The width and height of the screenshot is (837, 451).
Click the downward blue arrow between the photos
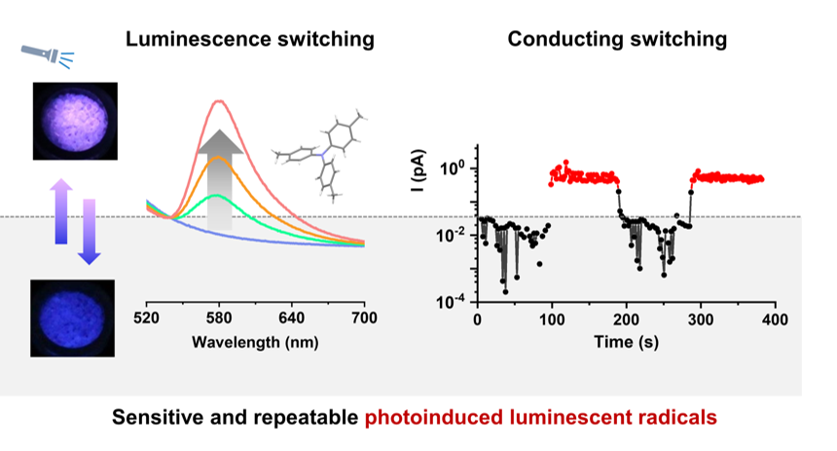(x=89, y=230)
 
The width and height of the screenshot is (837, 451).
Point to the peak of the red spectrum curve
(x=219, y=100)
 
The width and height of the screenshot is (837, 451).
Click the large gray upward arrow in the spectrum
(x=219, y=179)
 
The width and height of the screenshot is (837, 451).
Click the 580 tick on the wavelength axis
(x=219, y=319)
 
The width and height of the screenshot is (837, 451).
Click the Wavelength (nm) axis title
(x=255, y=343)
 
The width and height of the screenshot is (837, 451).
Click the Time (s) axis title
(x=627, y=343)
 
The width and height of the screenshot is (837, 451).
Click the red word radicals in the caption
(x=676, y=417)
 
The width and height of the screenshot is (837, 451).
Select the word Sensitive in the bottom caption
(x=156, y=417)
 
